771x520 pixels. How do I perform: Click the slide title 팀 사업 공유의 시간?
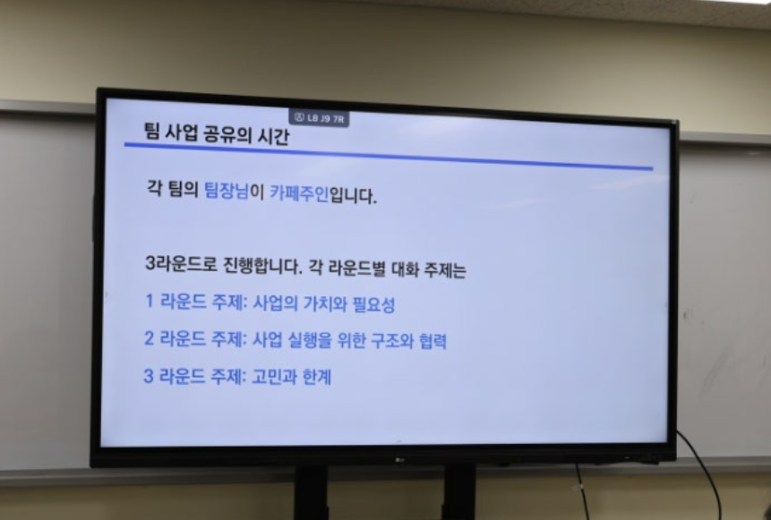pyautogui.click(x=217, y=133)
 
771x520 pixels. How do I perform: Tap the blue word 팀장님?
pyautogui.click(x=227, y=190)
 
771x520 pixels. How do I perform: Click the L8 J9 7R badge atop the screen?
pyautogui.click(x=319, y=118)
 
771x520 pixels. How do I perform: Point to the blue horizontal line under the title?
pyautogui.click(x=389, y=157)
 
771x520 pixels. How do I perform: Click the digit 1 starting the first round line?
pyautogui.click(x=150, y=301)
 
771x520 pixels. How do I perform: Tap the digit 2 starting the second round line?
pyautogui.click(x=149, y=338)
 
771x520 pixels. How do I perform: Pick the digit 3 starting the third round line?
pyautogui.click(x=149, y=376)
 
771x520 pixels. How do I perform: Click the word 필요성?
pyautogui.click(x=373, y=304)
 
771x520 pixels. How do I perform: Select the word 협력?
pyautogui.click(x=433, y=341)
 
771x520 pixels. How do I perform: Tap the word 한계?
pyautogui.click(x=317, y=377)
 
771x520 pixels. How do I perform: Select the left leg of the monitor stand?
pyautogui.click(x=311, y=492)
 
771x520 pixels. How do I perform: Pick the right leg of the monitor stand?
pyautogui.click(x=459, y=492)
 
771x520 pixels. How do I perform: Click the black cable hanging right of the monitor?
pyautogui.click(x=704, y=472)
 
